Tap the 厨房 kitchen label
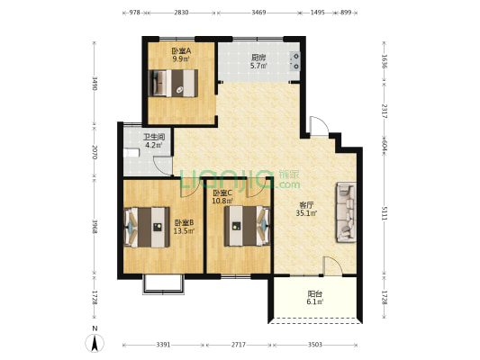[x=258, y=58]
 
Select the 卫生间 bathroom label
[x=154, y=137]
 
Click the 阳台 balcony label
[x=314, y=294]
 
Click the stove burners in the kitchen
[x=295, y=61]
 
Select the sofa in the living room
[x=347, y=212]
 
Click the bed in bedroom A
[x=173, y=83]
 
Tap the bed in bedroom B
[x=147, y=227]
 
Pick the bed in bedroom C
[x=248, y=226]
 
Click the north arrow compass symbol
[x=95, y=343]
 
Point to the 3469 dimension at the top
[x=258, y=13]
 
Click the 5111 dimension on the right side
[x=385, y=212]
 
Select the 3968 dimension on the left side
[x=95, y=227]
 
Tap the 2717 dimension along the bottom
[x=239, y=345]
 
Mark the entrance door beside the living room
[x=320, y=126]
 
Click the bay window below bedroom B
[x=164, y=284]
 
